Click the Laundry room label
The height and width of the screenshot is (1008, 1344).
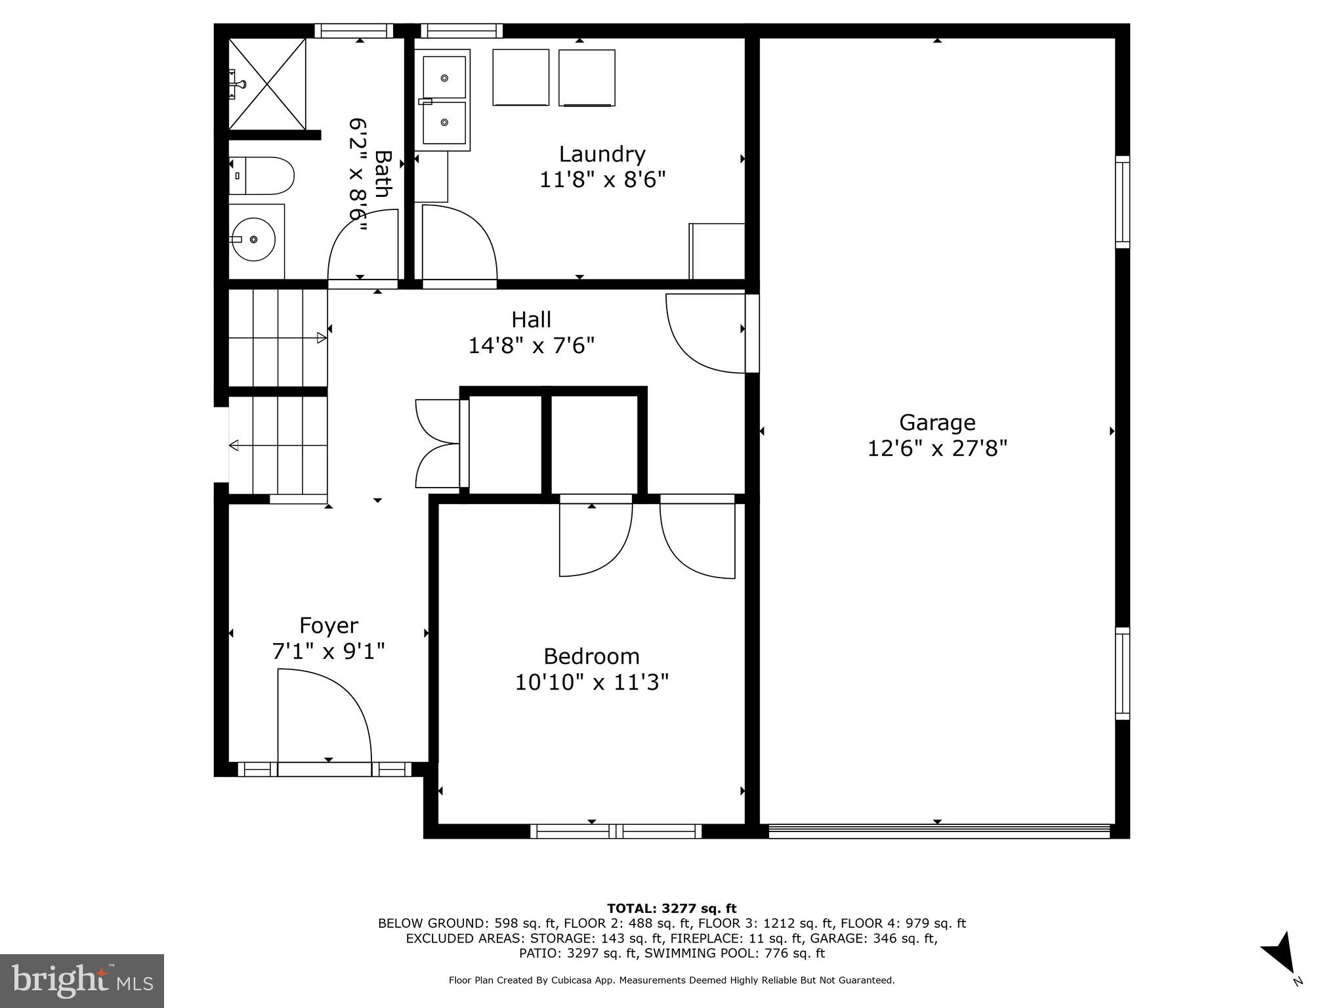[x=602, y=154]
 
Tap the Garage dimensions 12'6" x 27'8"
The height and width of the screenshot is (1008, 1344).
[x=937, y=449]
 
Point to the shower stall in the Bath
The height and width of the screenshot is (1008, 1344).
[x=267, y=84]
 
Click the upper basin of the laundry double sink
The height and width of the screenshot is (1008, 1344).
[x=444, y=77]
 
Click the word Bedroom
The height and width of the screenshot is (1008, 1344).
[x=591, y=656]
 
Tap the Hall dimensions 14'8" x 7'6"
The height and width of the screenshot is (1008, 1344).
[x=531, y=346]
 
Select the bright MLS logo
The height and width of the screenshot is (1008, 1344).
[x=82, y=981]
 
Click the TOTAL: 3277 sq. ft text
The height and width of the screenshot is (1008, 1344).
[x=671, y=908]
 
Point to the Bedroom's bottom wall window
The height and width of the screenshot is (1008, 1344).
[x=616, y=831]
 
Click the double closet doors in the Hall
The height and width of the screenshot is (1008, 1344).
[x=438, y=444]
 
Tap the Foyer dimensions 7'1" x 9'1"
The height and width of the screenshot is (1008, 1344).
[x=328, y=652]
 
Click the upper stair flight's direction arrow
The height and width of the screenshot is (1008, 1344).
[x=321, y=338]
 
